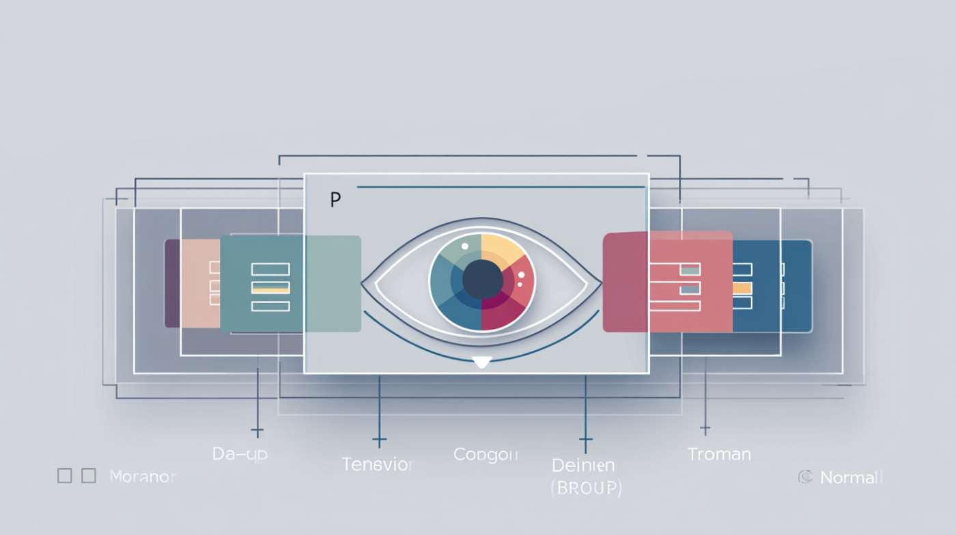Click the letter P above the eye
[x=335, y=201]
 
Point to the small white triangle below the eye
[x=482, y=362]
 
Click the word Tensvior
[x=378, y=465]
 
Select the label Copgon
[x=486, y=454]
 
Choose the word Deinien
[x=583, y=465]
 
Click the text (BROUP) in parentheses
[x=586, y=488]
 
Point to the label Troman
[x=719, y=454]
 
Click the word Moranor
[x=143, y=476]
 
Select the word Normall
[x=852, y=478]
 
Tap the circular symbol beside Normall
[x=805, y=477]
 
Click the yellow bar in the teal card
[x=270, y=291]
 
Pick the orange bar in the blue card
[x=742, y=289]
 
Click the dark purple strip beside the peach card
[x=172, y=283]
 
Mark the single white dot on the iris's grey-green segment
[x=464, y=246]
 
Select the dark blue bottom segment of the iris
[x=464, y=310]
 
